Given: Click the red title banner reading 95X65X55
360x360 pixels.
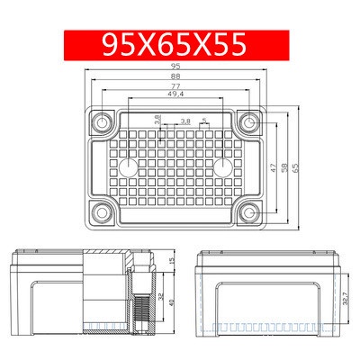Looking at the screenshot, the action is point(176,45).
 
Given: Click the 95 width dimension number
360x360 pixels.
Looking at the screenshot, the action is point(175,67).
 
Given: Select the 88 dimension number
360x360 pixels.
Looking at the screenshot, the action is point(175,76).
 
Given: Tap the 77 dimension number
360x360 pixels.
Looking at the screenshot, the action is point(175,86).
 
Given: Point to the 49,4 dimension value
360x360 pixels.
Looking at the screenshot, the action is point(175,94).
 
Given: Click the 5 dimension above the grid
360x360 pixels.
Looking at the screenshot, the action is point(204,121).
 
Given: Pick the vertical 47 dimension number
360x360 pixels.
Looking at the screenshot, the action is point(273,167).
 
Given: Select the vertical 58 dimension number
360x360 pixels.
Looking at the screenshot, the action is point(284,167).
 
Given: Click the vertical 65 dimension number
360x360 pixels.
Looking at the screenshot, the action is point(296,167).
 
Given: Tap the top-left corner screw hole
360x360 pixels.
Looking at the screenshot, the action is point(103,122).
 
